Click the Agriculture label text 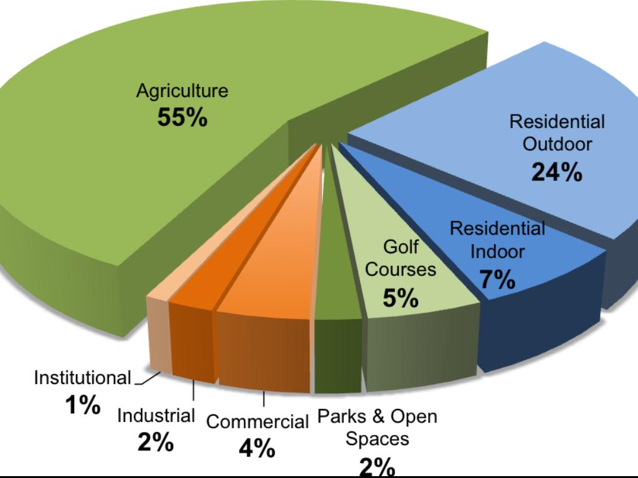click(x=182, y=91)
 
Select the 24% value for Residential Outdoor click(x=556, y=172)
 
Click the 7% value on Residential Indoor click(x=497, y=281)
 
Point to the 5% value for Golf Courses click(x=400, y=299)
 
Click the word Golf click(x=401, y=247)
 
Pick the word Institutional click(x=82, y=378)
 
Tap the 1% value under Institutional click(x=83, y=406)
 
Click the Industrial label click(x=156, y=415)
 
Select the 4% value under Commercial click(x=257, y=448)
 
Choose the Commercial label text click(x=257, y=422)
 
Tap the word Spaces click(x=377, y=439)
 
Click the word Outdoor click(x=557, y=144)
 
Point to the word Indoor click(x=497, y=252)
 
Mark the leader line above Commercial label click(x=264, y=400)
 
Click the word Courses click(x=401, y=271)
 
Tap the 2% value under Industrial click(x=156, y=443)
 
